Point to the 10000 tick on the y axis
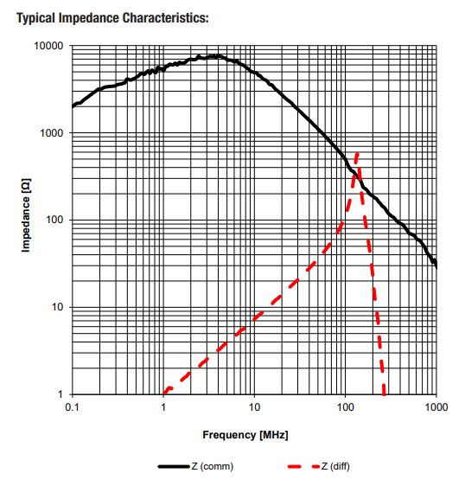click(51, 46)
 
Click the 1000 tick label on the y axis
click(54, 133)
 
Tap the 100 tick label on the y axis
click(56, 221)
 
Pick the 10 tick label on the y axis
click(59, 308)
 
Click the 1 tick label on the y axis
click(61, 395)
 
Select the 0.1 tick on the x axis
click(72, 406)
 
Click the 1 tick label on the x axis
click(162, 406)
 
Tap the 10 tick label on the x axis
click(254, 406)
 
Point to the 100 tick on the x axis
click(345, 406)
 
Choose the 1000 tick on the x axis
click(436, 406)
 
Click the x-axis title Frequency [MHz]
click(245, 434)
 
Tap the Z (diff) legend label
click(334, 466)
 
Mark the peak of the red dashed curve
click(356, 155)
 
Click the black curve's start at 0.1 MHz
click(73, 106)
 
